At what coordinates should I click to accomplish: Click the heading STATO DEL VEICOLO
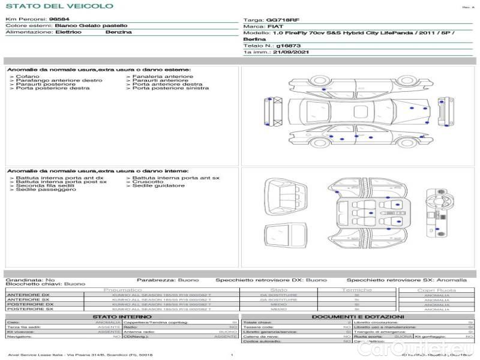coord(59,6)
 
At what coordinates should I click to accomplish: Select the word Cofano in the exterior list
coord(28,76)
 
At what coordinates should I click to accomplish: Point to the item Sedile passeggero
coord(46,190)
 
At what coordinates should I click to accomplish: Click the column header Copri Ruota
coord(436,290)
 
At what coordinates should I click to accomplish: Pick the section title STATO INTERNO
coord(122,316)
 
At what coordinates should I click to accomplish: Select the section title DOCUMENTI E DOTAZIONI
coord(358,316)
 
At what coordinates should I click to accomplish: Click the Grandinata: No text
coord(30,280)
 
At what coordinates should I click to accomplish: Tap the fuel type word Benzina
coord(118,32)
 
